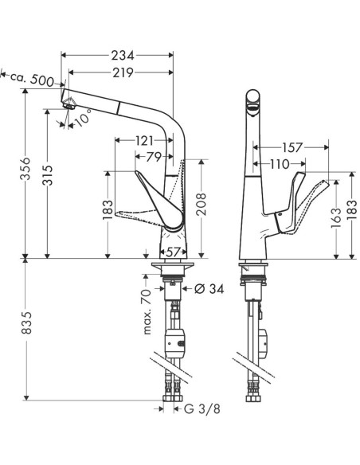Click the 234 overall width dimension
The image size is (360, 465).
tap(122, 55)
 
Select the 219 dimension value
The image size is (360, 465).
tap(122, 72)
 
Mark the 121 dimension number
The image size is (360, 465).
tap(144, 141)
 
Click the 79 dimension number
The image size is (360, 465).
tap(153, 155)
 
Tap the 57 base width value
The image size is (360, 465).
tap(173, 250)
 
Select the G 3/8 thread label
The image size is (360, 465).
tap(203, 409)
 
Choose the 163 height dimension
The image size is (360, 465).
tap(335, 215)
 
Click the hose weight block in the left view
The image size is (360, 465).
tap(178, 343)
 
